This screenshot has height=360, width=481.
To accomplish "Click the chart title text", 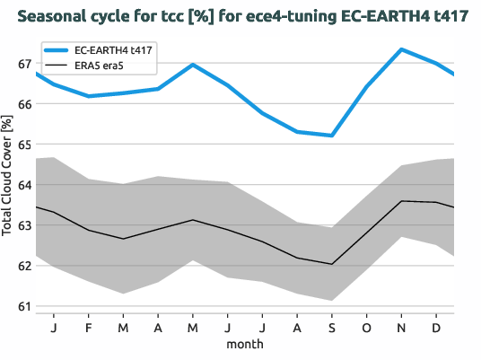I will point(240,16).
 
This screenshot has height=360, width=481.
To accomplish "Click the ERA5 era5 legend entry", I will point(100,66).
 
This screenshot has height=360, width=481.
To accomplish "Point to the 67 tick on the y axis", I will point(25,64).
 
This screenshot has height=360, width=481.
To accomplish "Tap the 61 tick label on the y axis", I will point(25,306).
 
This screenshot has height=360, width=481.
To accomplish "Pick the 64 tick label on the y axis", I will point(25,185).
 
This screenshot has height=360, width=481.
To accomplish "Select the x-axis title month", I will point(244,344).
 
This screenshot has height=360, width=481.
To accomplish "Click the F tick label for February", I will point(89,327).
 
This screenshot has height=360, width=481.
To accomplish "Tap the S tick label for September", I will point(331,327).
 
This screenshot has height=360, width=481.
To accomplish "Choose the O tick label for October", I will point(366,327).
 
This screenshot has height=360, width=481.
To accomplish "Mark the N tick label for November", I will point(401,327).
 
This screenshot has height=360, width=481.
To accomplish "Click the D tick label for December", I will point(435,327).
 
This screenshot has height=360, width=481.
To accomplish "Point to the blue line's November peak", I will point(401,49).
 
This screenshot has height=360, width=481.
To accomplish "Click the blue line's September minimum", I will point(331,136).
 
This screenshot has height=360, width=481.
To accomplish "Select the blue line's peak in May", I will point(193,65).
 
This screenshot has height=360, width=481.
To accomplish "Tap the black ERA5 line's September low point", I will point(331,264).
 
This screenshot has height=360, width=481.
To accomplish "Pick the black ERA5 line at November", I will point(401,201).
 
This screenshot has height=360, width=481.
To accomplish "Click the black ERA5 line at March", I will point(123,239).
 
